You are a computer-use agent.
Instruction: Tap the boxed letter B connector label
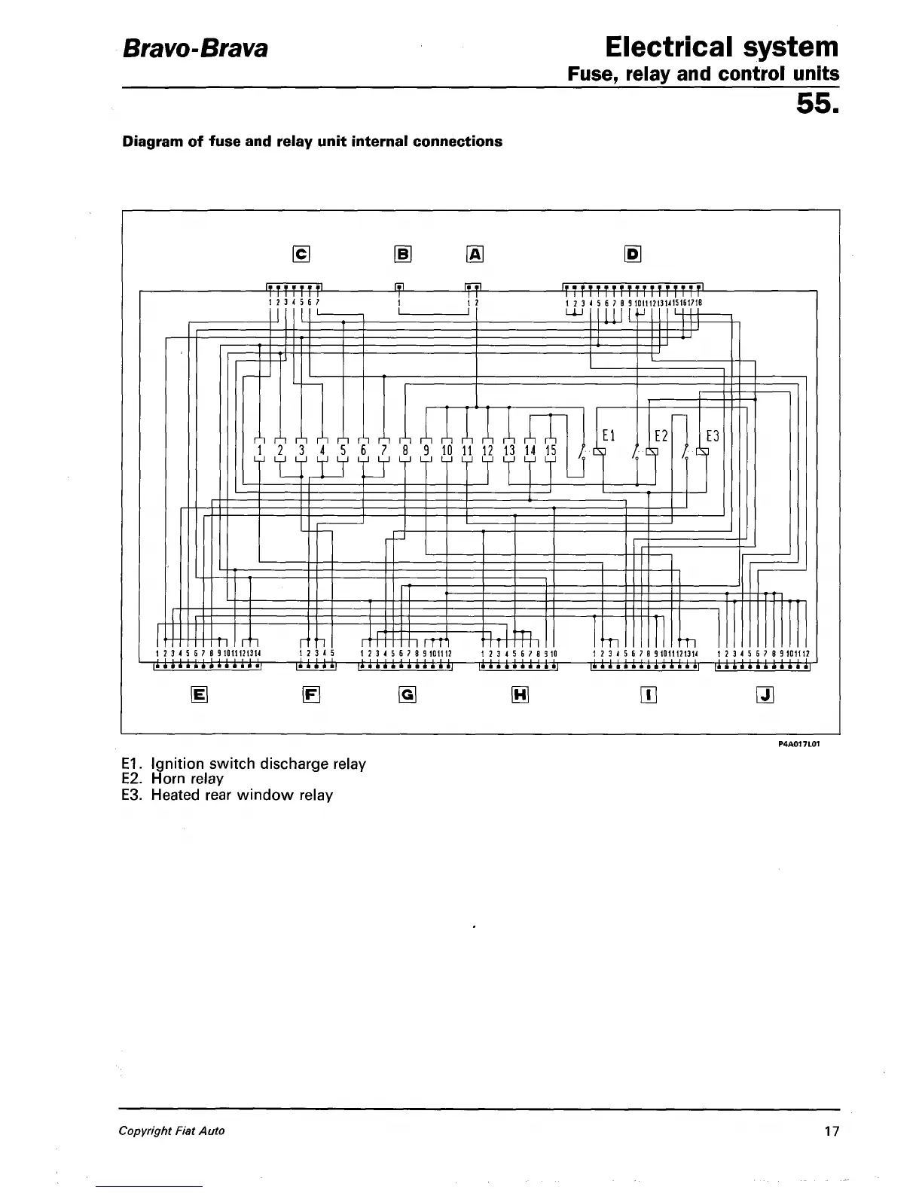click(x=403, y=255)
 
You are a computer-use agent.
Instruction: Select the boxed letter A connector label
click(x=475, y=255)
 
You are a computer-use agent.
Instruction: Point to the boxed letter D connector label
click(x=633, y=255)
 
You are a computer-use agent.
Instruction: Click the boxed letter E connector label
click(x=200, y=695)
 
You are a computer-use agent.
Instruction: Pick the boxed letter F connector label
click(x=311, y=695)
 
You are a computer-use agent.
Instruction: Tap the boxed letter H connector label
click(x=520, y=695)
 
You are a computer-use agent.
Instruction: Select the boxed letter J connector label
click(x=765, y=695)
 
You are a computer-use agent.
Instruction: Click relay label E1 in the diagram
click(x=609, y=435)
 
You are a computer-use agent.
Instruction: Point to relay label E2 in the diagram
click(x=661, y=436)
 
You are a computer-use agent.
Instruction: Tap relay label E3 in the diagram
click(x=713, y=436)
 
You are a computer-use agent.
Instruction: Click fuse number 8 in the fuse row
click(x=405, y=451)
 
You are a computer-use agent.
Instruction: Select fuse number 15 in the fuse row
click(x=551, y=451)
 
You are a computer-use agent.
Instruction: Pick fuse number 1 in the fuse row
click(x=259, y=451)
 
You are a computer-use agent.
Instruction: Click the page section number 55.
click(x=817, y=106)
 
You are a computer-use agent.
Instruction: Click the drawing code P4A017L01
click(x=798, y=744)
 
